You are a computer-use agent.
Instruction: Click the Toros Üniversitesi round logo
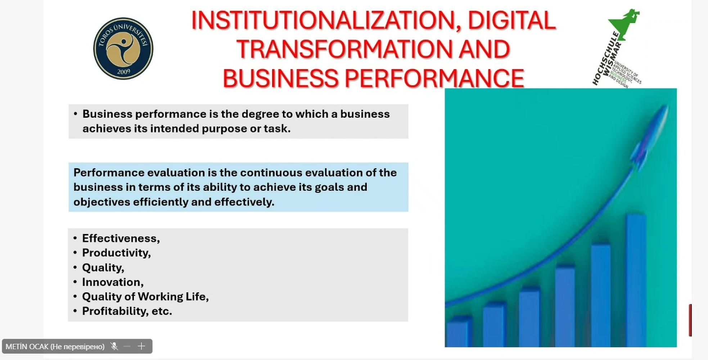click(123, 49)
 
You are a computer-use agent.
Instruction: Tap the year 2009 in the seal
click(123, 72)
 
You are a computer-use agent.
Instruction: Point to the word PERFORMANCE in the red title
click(434, 78)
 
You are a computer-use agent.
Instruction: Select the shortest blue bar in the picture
click(458, 332)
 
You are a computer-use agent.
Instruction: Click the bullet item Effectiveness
click(121, 238)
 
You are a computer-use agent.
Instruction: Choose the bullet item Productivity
click(116, 253)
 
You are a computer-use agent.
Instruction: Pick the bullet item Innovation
click(113, 282)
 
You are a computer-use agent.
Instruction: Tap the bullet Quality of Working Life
click(145, 296)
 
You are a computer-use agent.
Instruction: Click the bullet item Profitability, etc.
click(127, 311)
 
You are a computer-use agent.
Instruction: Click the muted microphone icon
click(114, 346)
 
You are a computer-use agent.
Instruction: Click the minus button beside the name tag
click(127, 346)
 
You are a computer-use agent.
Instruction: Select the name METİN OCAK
click(27, 347)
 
